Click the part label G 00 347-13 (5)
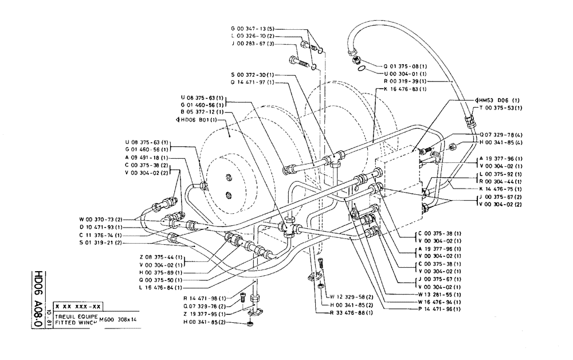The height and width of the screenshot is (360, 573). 253,28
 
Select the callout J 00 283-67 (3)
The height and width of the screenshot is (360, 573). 253,44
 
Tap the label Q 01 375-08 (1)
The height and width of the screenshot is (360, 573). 403,65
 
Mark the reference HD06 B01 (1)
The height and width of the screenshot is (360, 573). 197,120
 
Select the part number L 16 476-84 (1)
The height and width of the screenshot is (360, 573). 160,287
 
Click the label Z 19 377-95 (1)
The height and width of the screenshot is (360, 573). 203,315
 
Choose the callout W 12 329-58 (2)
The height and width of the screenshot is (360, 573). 351,296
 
